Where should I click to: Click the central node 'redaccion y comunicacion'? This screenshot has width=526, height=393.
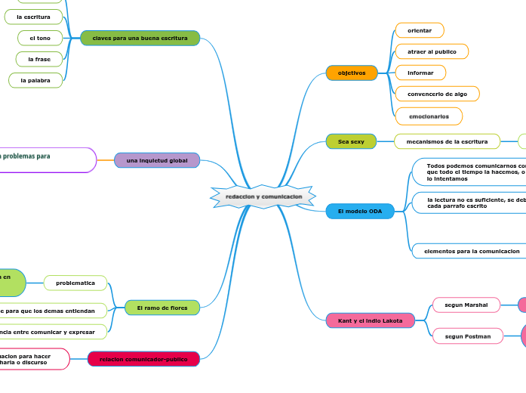point(263,196)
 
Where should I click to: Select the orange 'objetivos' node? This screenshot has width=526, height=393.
point(351,73)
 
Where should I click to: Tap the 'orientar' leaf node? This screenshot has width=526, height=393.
point(420,30)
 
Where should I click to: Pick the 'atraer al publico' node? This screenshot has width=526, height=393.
point(432,51)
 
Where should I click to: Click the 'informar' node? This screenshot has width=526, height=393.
point(420,73)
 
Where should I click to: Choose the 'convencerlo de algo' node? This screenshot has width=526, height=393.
point(437,94)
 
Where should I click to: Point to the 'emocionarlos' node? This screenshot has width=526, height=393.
point(429,116)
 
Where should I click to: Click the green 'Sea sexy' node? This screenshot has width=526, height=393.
point(351,141)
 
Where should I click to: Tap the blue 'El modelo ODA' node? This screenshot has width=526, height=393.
point(360,212)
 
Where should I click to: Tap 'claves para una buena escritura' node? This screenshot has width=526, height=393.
point(140,38)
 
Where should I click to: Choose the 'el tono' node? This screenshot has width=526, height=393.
point(40,38)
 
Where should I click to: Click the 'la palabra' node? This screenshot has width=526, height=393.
point(35,79)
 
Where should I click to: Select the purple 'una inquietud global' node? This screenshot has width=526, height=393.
point(157,160)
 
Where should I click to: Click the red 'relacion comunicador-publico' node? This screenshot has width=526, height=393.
point(143,359)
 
